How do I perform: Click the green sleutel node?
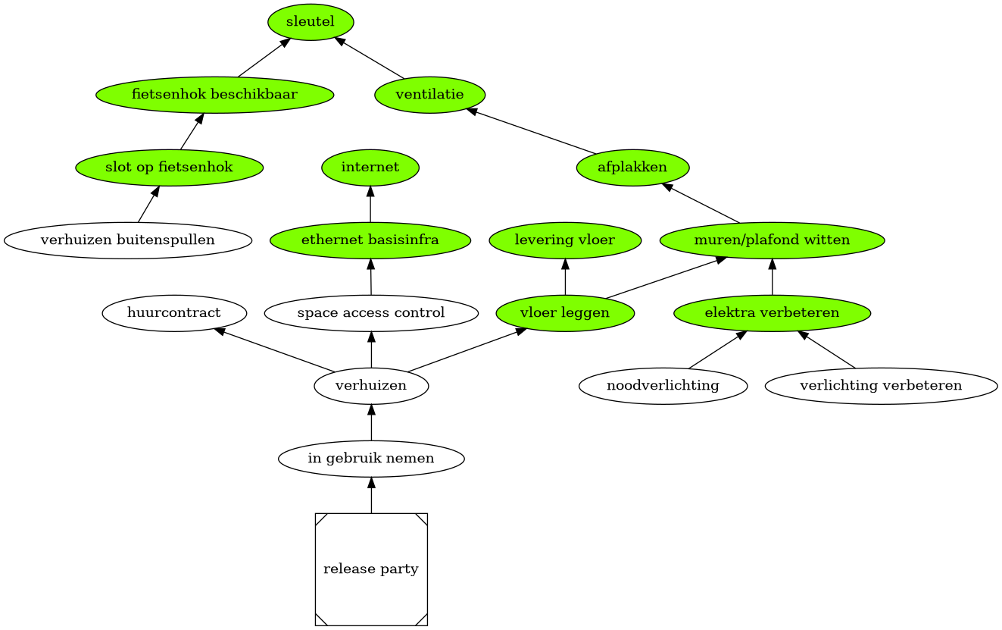coord(311,22)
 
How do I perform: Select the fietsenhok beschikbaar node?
coord(214,95)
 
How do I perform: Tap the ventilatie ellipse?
coord(429,95)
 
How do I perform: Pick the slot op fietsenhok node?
coord(169,168)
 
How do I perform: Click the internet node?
coord(370,168)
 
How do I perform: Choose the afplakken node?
coord(632,168)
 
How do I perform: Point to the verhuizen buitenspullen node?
coord(127,240)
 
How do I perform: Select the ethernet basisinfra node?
coord(370,240)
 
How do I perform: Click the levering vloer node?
coord(565,240)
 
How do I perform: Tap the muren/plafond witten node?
coord(772,240)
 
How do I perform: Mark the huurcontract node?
coord(174,313)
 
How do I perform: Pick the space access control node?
coord(371,313)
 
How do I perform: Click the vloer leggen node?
coord(565,313)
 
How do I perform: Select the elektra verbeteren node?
coord(772,313)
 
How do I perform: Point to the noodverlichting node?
coord(663,386)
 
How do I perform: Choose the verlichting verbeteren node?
coord(881,386)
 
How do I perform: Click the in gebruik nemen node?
coord(371,459)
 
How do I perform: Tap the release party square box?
coord(371,569)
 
